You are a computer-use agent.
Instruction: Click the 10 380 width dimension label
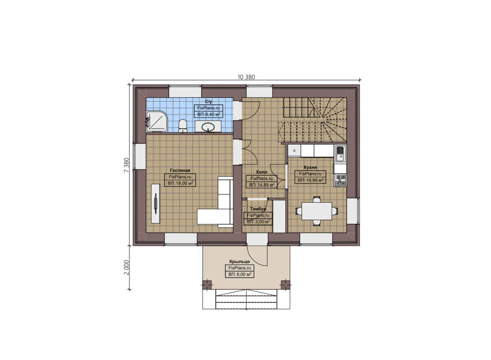(246, 77)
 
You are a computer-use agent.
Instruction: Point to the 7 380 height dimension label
(126, 165)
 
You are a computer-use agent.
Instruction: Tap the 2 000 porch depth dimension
(126, 267)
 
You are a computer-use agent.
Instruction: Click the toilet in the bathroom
(182, 126)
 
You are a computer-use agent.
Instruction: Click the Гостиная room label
(180, 170)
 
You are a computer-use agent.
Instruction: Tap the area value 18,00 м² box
(180, 183)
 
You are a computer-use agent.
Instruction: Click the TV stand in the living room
(156, 203)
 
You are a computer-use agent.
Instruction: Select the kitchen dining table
(317, 211)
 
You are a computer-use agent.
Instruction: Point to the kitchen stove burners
(340, 180)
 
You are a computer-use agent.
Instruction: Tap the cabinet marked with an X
(294, 151)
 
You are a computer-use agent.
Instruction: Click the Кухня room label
(310, 167)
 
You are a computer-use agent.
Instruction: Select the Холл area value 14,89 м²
(262, 185)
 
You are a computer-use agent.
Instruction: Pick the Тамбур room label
(258, 209)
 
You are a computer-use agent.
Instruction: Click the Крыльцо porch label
(239, 262)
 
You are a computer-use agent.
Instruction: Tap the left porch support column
(207, 285)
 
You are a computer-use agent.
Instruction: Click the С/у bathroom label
(208, 101)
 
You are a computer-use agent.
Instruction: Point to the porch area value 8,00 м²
(239, 274)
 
